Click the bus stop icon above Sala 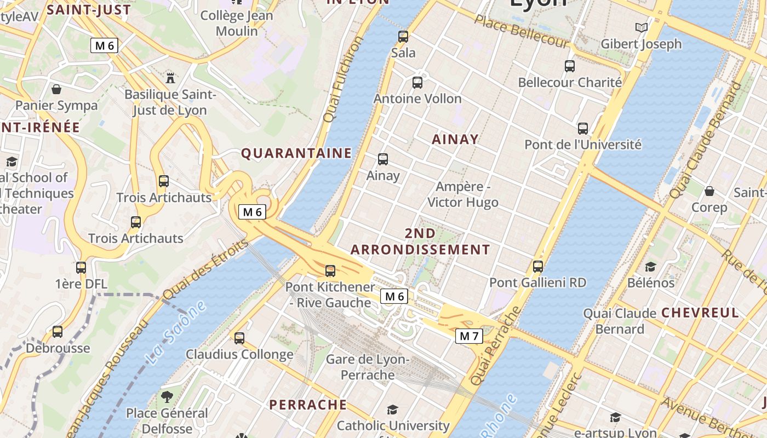point(403,37)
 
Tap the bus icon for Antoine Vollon point(417,83)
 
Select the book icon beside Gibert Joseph point(641,27)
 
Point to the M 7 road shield point(469,336)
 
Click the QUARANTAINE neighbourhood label point(296,153)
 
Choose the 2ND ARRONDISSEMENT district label point(420,241)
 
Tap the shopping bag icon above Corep point(709,191)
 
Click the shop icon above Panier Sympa point(56,89)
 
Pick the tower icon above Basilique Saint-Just point(170,77)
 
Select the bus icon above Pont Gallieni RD point(538,267)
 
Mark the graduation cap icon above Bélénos point(650,267)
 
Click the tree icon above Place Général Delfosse point(167,396)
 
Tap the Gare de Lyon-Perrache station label point(368,367)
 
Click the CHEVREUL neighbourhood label point(700,313)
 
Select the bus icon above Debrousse point(58,332)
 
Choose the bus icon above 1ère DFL point(81,268)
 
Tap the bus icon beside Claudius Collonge point(239,338)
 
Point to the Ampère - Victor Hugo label point(463,194)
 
